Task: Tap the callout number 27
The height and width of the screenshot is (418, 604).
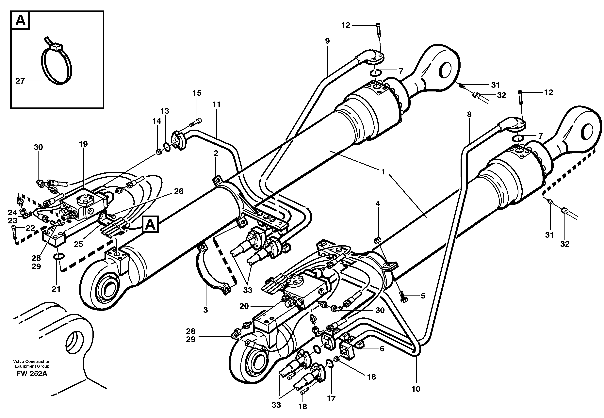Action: (20, 81)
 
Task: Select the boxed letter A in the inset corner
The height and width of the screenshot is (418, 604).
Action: (20, 20)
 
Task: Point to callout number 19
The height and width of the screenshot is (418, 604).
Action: (83, 144)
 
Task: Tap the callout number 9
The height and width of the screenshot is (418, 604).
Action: (327, 41)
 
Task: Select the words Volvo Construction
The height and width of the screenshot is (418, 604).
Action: (32, 362)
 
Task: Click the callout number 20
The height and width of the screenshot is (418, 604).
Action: (244, 306)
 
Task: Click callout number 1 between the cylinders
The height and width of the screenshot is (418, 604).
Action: (383, 172)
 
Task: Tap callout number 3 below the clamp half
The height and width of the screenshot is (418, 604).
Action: (206, 310)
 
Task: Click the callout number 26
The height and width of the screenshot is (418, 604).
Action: (179, 191)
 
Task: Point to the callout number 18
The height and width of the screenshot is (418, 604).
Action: (302, 407)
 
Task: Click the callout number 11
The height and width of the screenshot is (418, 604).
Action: (216, 104)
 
